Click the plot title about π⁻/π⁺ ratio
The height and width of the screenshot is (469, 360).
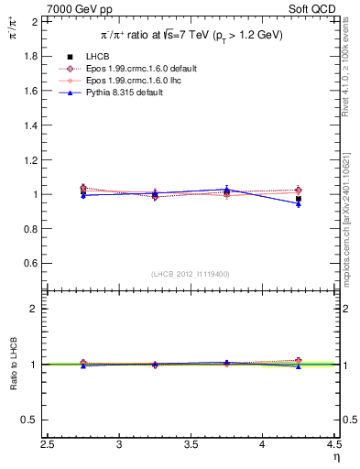(191, 35)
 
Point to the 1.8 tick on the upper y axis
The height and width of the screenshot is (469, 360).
(31, 56)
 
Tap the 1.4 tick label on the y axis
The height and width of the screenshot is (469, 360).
(31, 125)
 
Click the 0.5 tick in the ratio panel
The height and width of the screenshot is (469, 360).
(31, 420)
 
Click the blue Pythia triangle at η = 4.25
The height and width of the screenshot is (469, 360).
(299, 203)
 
